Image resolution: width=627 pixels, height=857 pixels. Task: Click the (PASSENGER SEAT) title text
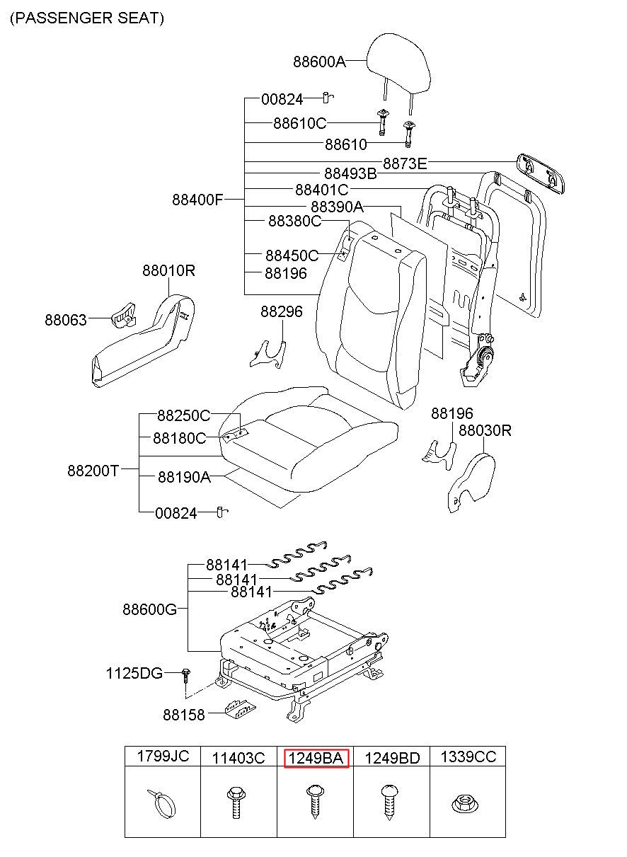[87, 18]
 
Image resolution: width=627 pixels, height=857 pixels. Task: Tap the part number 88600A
[319, 61]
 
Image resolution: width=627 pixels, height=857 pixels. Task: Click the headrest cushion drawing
[398, 64]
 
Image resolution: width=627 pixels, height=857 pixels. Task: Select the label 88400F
[197, 200]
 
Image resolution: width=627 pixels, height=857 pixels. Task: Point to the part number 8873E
[405, 163]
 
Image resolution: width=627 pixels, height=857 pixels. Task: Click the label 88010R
[168, 270]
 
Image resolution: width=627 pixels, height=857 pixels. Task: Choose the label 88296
[281, 311]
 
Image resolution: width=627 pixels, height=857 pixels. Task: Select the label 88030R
[485, 430]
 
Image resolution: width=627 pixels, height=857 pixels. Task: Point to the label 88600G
[149, 609]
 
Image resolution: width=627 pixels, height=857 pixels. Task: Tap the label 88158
[184, 715]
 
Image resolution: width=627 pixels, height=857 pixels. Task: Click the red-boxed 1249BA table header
[316, 759]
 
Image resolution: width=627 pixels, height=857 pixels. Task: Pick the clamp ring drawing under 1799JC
[162, 804]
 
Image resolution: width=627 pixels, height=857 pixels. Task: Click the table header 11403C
[238, 758]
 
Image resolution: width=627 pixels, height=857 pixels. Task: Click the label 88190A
[184, 477]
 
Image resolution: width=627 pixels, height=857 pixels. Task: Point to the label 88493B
[350, 173]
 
